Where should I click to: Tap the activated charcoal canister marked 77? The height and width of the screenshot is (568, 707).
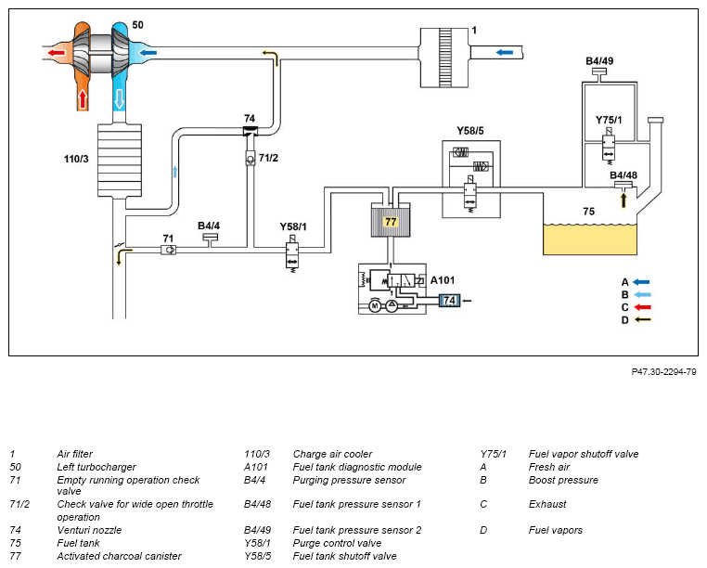[x=391, y=223]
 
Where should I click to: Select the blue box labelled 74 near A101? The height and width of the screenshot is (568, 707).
[x=449, y=300]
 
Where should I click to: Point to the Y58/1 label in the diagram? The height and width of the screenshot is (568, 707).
[x=292, y=226]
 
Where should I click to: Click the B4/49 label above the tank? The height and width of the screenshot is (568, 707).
[x=599, y=61]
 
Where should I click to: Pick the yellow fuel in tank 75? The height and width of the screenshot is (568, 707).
[x=590, y=239]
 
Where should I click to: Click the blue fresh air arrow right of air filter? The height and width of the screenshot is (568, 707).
[x=504, y=53]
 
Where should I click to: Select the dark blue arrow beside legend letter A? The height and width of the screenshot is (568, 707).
[x=641, y=281]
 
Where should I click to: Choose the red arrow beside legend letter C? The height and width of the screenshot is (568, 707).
[x=641, y=307]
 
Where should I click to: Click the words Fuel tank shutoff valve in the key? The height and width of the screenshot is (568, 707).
[x=344, y=556]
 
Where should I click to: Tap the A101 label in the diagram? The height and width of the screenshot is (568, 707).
[x=443, y=279]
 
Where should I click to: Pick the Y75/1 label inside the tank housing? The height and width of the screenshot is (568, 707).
[x=609, y=120]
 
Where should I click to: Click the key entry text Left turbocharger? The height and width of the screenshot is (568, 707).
[x=96, y=467]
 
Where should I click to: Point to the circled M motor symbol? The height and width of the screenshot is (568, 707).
[x=375, y=304]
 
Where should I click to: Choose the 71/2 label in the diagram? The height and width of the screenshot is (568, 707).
[x=267, y=158]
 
